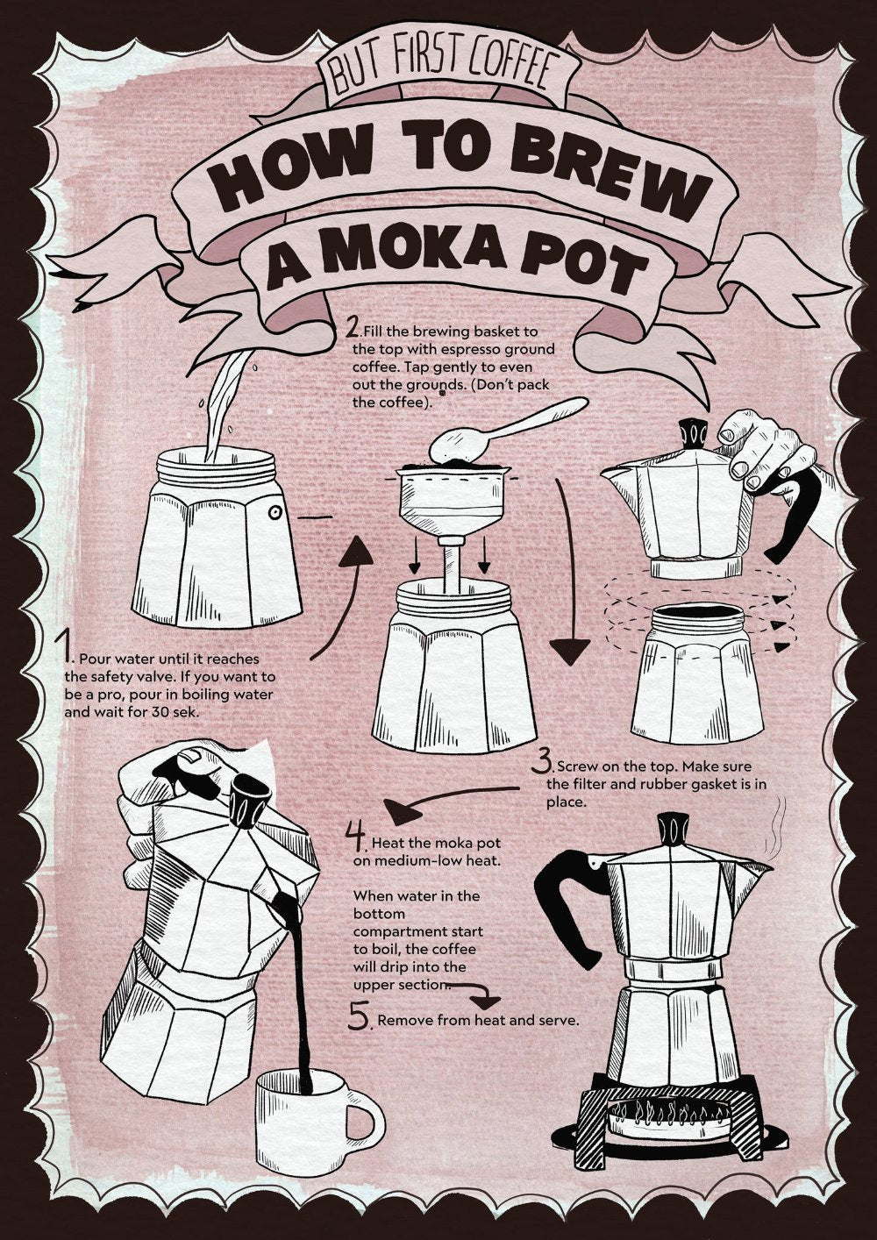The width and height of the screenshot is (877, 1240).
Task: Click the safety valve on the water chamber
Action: point(274,513)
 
